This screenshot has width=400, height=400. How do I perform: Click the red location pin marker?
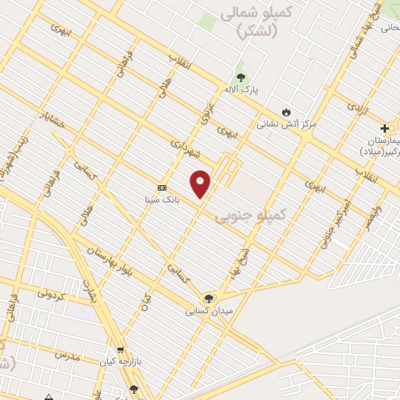(x=201, y=183)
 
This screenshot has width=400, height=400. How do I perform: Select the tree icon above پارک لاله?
(x=241, y=77)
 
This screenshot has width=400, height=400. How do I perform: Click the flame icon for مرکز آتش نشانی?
(x=287, y=112)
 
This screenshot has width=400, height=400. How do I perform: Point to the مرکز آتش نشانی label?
(x=287, y=124)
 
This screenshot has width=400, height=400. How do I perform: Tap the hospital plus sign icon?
(x=384, y=127)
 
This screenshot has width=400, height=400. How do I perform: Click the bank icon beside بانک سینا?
(x=162, y=187)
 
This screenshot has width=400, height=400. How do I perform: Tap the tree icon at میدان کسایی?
(x=208, y=298)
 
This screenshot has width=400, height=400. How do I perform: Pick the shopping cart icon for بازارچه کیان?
(x=120, y=350)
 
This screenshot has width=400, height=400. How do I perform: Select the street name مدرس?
(x=67, y=355)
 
